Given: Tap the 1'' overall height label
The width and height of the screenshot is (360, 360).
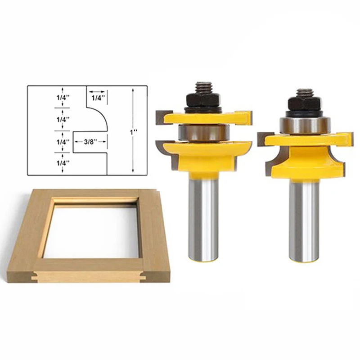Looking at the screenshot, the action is (134, 132).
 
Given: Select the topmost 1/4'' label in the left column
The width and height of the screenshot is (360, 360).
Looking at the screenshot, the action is (63, 98).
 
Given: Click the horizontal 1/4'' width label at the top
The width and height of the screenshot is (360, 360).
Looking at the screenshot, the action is (98, 98).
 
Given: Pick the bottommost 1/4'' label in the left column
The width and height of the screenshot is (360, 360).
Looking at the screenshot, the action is (63, 163).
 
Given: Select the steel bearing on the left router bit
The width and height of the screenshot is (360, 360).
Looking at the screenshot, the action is (204, 133).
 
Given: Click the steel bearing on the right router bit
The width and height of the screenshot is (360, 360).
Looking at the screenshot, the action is (304, 125).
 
